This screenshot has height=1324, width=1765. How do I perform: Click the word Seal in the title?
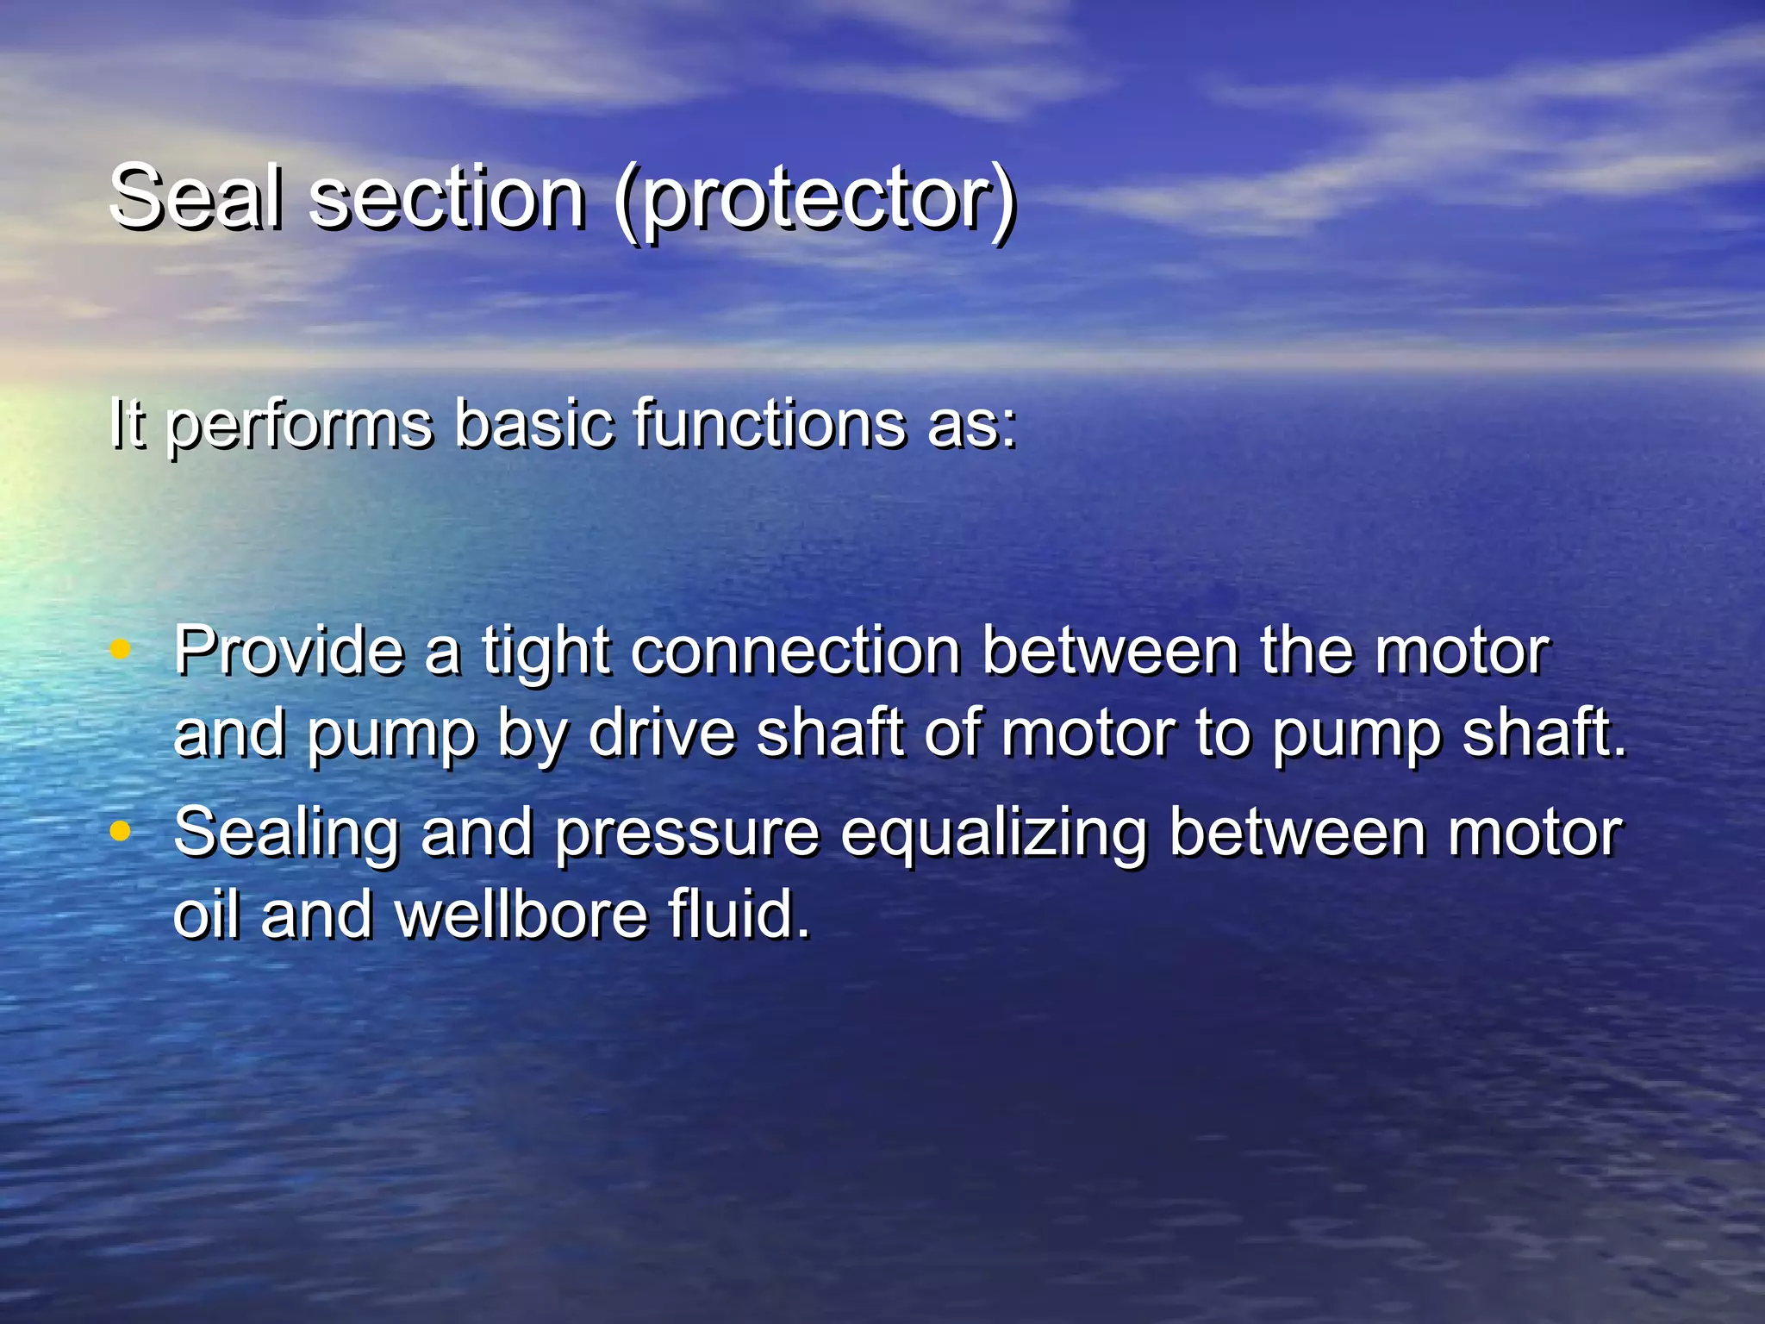pyautogui.click(x=196, y=197)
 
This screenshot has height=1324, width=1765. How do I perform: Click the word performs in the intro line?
pyautogui.click(x=299, y=425)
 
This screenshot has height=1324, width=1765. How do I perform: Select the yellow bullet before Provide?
pyautogui.click(x=121, y=649)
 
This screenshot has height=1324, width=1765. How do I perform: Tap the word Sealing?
pyautogui.click(x=286, y=834)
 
